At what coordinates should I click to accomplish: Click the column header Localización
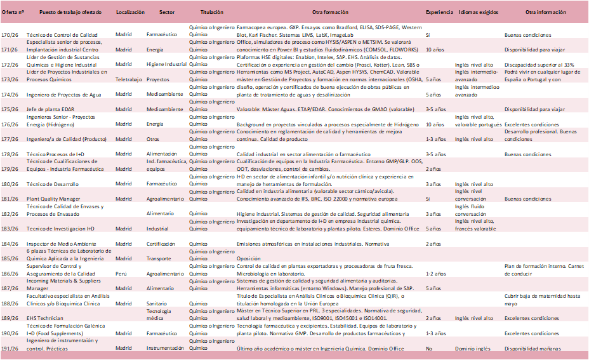pyautogui.click(x=131, y=13)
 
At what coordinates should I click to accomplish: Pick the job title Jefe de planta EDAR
pyautogui.click(x=51, y=109)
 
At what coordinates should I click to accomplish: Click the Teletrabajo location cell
pyautogui.click(x=129, y=79)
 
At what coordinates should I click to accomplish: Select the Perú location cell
pyautogui.click(x=121, y=274)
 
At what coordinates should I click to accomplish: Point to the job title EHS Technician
pyautogui.click(x=44, y=318)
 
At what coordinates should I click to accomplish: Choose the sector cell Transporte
pyautogui.click(x=160, y=258)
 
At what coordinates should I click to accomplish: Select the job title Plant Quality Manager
pyautogui.click(x=53, y=199)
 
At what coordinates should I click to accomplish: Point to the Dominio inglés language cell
pyautogui.click(x=473, y=349)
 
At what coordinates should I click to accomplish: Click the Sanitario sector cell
pyautogui.click(x=159, y=303)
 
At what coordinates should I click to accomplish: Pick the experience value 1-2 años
pyautogui.click(x=434, y=274)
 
